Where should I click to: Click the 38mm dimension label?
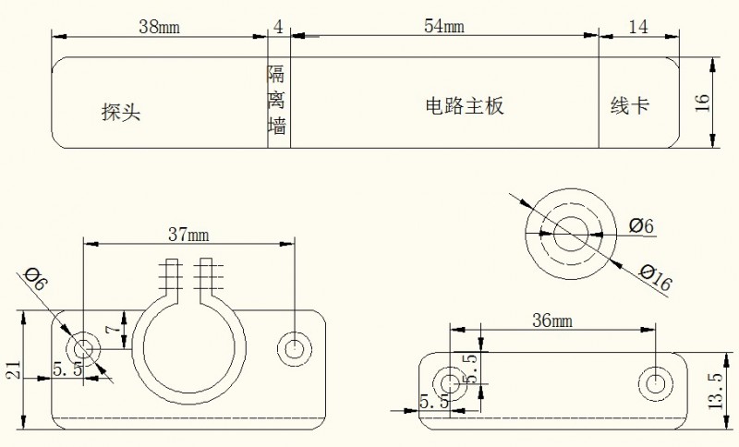click(159, 27)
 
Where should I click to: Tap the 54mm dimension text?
click(444, 26)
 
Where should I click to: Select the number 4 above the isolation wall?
click(279, 27)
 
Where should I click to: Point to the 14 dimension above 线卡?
click(638, 27)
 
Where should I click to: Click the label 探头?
click(121, 112)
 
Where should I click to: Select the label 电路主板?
click(465, 106)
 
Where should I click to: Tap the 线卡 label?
click(630, 105)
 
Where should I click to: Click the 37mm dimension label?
click(188, 234)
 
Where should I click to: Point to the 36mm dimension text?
click(552, 320)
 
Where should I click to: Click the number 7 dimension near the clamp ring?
click(113, 328)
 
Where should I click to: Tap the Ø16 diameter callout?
click(655, 277)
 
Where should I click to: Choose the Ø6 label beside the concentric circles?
click(641, 225)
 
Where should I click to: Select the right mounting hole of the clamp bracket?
click(295, 349)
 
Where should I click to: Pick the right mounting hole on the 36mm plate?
click(656, 383)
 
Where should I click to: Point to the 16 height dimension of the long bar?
click(702, 103)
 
